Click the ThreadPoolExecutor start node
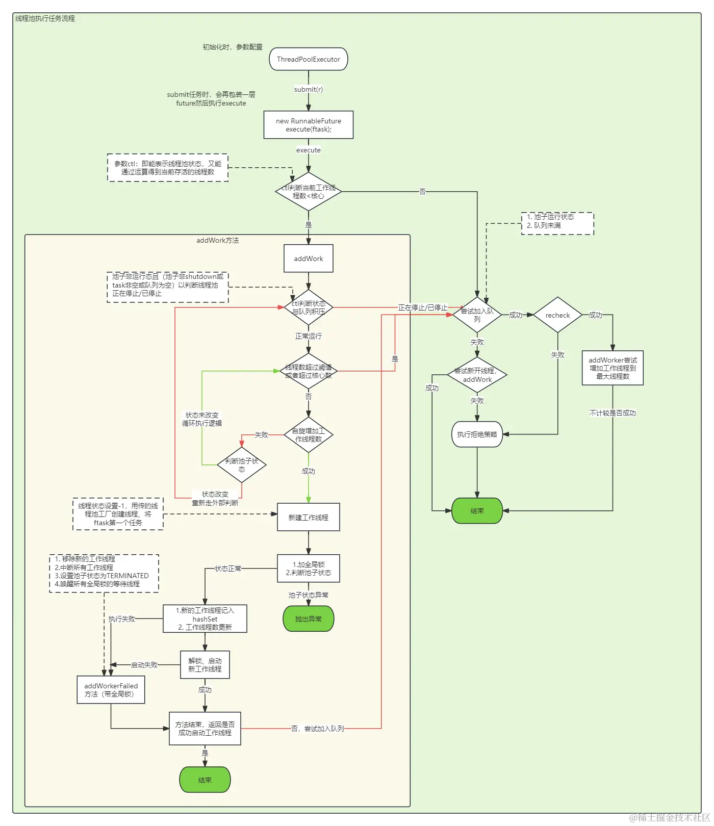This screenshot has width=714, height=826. pyautogui.click(x=309, y=59)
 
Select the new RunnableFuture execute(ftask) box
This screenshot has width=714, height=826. pyautogui.click(x=309, y=125)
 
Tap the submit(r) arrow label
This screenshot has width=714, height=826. pyautogui.click(x=309, y=89)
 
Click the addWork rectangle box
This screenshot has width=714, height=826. pyautogui.click(x=309, y=259)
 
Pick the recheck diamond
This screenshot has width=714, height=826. pyautogui.click(x=557, y=315)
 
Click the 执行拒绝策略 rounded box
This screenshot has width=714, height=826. pyautogui.click(x=477, y=434)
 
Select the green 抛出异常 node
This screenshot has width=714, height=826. pyautogui.click(x=309, y=619)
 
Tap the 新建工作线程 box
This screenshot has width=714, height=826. pyautogui.click(x=309, y=518)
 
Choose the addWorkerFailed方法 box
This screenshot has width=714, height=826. pyautogui.click(x=111, y=690)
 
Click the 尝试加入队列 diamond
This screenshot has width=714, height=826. pyautogui.click(x=477, y=315)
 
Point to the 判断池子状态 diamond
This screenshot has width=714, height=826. pyautogui.click(x=242, y=465)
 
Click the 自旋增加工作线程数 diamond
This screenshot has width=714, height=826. pyautogui.click(x=309, y=435)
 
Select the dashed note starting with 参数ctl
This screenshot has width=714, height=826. pyautogui.click(x=168, y=168)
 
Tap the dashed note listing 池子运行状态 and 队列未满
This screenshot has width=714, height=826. pyautogui.click(x=557, y=223)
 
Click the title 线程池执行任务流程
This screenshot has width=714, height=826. pyautogui.click(x=45, y=18)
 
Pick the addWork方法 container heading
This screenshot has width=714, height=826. pyautogui.click(x=218, y=240)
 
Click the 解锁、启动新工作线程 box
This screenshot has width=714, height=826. pyautogui.click(x=205, y=665)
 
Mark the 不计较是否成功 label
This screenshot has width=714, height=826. pyautogui.click(x=613, y=413)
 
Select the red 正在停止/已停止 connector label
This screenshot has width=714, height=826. pyautogui.click(x=422, y=307)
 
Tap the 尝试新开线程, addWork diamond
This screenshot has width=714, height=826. pyautogui.click(x=477, y=375)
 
